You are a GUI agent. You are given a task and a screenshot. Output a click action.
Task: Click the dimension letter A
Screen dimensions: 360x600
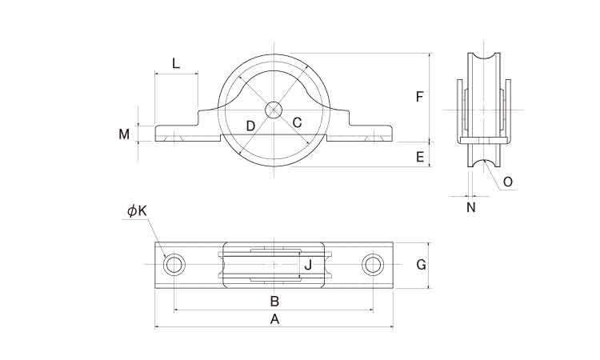(275, 319)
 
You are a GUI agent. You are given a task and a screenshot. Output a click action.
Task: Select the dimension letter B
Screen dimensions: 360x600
(274, 302)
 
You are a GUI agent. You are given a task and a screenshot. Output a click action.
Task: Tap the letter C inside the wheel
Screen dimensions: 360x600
(297, 123)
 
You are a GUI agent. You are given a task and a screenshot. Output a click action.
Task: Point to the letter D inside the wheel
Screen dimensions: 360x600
(250, 126)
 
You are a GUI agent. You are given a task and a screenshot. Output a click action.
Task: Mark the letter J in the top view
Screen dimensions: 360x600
(307, 264)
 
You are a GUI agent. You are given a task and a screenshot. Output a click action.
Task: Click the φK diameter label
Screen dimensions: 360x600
(137, 211)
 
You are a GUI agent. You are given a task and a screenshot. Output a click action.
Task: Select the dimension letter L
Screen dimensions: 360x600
(176, 63)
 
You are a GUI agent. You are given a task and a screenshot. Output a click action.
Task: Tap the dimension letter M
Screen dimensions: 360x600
(124, 134)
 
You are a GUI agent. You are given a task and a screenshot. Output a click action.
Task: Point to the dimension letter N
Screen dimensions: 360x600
(470, 207)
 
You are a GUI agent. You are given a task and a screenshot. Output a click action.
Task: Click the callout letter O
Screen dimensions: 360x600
(507, 182)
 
